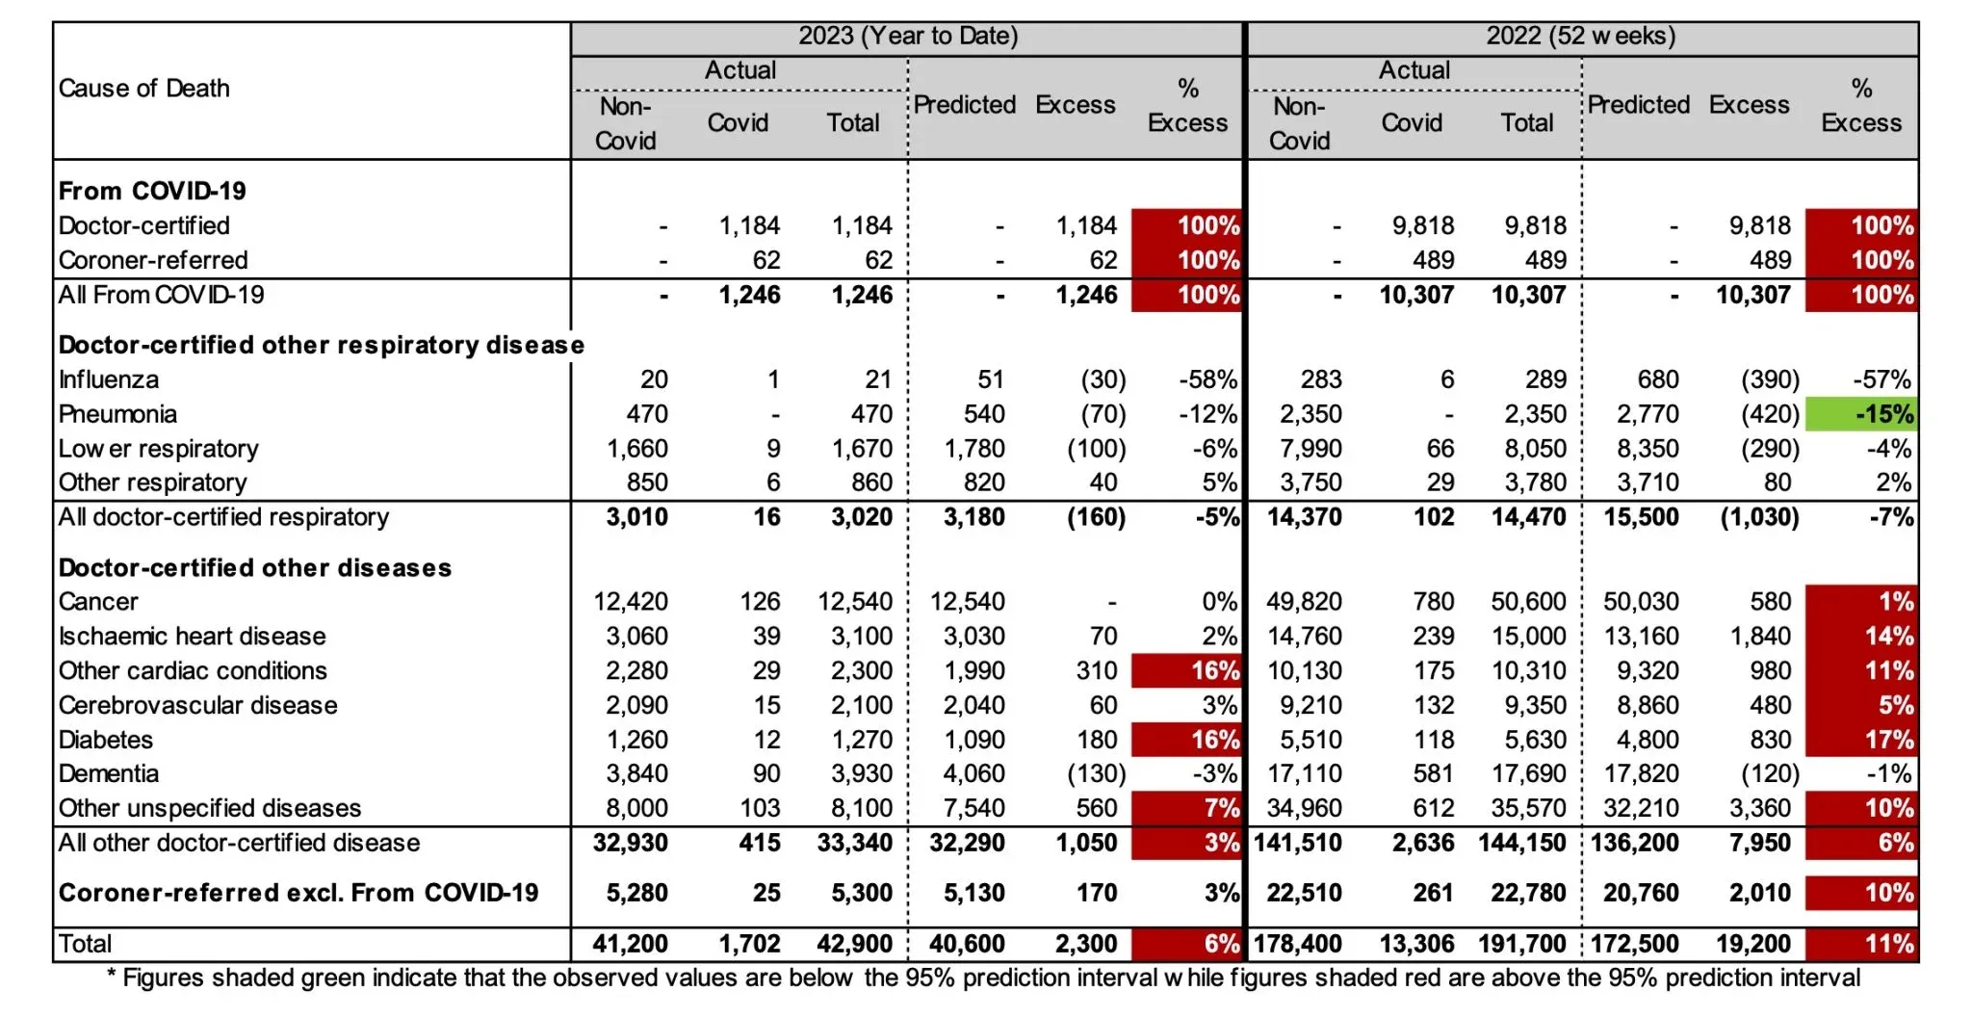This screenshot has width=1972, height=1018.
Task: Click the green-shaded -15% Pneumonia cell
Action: (1860, 414)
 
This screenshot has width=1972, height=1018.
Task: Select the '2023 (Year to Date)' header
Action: (907, 37)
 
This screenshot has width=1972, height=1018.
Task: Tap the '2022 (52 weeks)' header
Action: (1580, 37)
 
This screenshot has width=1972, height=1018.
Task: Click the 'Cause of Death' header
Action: (144, 89)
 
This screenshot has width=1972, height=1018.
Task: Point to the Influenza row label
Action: (109, 379)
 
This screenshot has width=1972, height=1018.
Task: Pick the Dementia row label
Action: (109, 773)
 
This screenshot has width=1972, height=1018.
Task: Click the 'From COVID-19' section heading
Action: (152, 191)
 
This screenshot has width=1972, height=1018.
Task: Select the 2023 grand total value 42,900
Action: (861, 944)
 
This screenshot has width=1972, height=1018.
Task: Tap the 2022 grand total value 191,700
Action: (1522, 944)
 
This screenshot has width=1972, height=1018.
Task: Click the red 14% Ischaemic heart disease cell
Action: (1862, 636)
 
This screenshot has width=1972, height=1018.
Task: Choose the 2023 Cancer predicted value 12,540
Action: (967, 602)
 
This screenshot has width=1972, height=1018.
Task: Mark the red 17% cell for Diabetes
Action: (1862, 740)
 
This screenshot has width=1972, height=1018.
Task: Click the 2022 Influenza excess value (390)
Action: (1769, 379)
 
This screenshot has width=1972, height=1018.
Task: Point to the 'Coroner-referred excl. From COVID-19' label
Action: (298, 893)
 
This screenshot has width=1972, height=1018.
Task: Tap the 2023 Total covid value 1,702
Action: (749, 944)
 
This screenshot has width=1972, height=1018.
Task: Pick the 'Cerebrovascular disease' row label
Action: (197, 705)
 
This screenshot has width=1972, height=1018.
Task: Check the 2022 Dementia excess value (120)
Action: (1769, 773)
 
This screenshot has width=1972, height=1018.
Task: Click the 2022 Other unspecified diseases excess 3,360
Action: (1759, 808)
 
